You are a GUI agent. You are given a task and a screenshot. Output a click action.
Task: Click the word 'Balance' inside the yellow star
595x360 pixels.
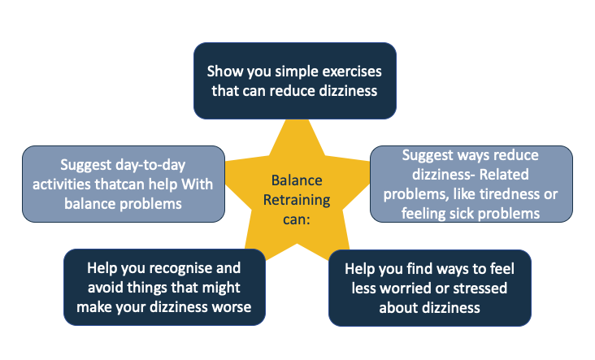coord(297,180)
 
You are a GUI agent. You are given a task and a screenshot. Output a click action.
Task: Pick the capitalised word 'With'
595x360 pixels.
coord(198,184)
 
